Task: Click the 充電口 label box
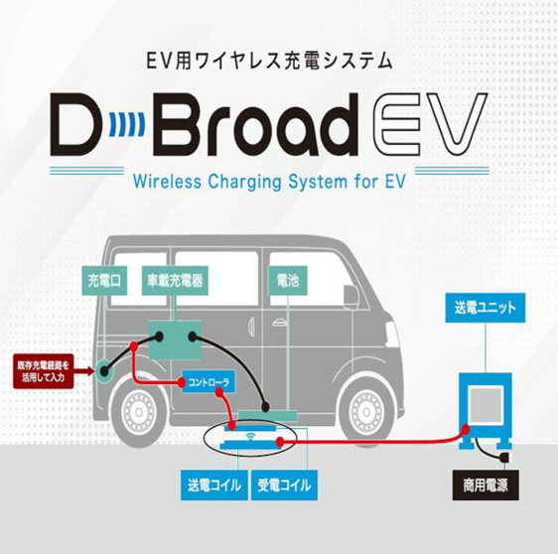pyautogui.click(x=104, y=280)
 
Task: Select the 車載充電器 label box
pyautogui.click(x=175, y=280)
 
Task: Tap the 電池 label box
pyautogui.click(x=288, y=280)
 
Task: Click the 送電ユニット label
pyautogui.click(x=486, y=308)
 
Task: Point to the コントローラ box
pyautogui.click(x=209, y=382)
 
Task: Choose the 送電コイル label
pyautogui.click(x=214, y=485)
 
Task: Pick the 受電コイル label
pyautogui.click(x=284, y=485)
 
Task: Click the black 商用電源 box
pyautogui.click(x=486, y=485)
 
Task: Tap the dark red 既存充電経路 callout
pyautogui.click(x=44, y=371)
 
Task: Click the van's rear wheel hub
pyautogui.click(x=138, y=412)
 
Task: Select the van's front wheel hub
pyautogui.click(x=366, y=412)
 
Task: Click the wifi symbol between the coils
pyautogui.click(x=250, y=436)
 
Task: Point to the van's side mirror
pyautogui.click(x=350, y=298)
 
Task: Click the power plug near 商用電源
pyautogui.click(x=505, y=457)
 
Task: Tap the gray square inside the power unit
pyautogui.click(x=486, y=405)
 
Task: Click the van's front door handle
pyautogui.click(x=280, y=324)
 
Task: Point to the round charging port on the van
pyautogui.click(x=104, y=371)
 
